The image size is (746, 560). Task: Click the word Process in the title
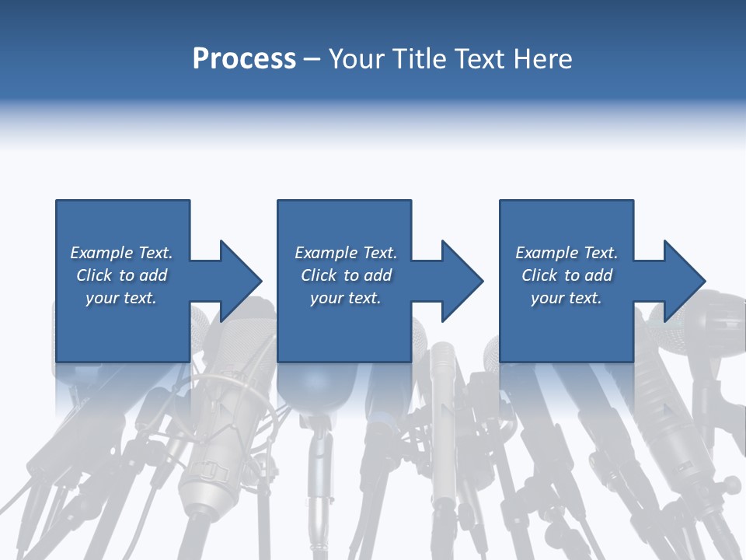(244, 59)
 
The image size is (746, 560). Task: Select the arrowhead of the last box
(682, 281)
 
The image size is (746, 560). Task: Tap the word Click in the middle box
(319, 275)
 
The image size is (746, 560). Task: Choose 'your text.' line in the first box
(121, 298)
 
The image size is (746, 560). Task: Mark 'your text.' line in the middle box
(345, 298)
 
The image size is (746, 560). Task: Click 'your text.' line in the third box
(566, 298)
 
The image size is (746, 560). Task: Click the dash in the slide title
(312, 59)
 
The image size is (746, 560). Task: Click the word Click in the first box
(94, 275)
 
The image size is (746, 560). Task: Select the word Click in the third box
(539, 275)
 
